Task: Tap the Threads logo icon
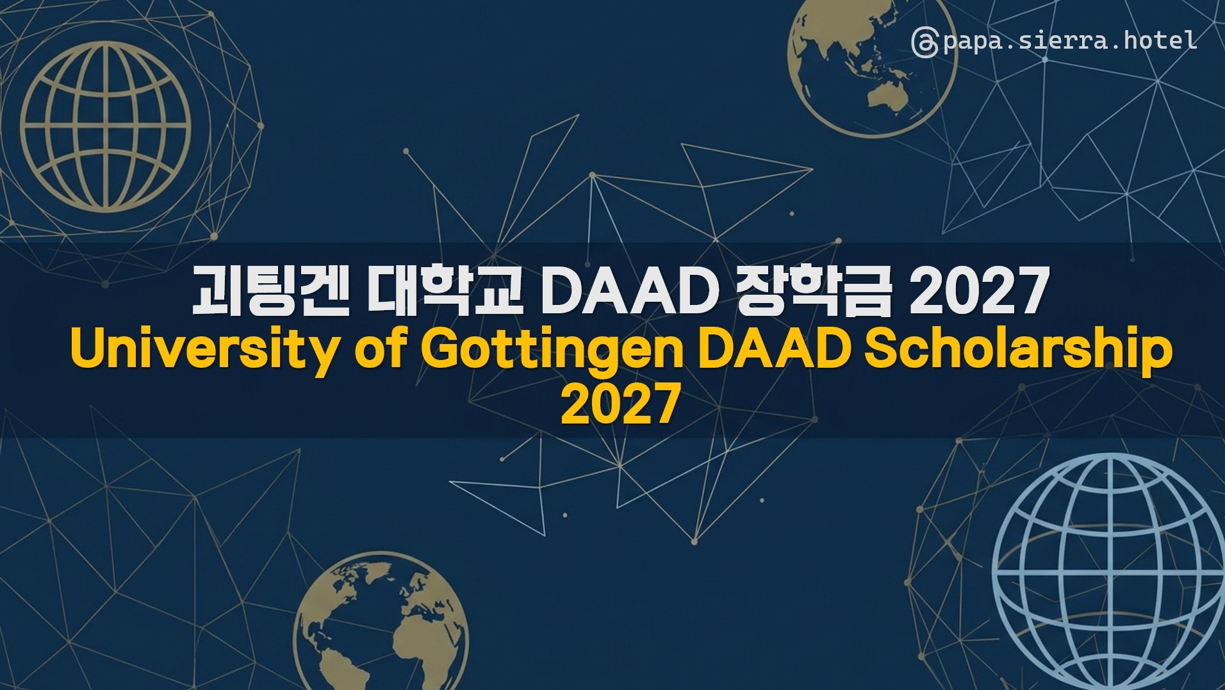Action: [925, 42]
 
